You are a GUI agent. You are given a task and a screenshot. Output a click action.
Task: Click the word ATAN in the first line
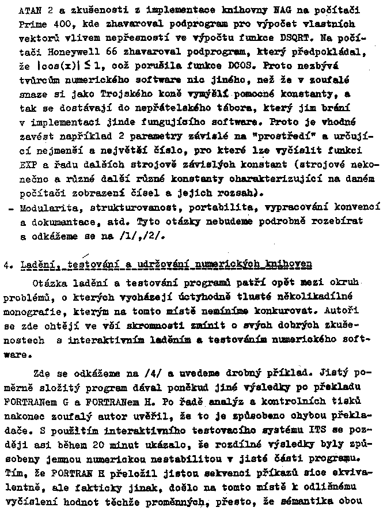29,10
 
